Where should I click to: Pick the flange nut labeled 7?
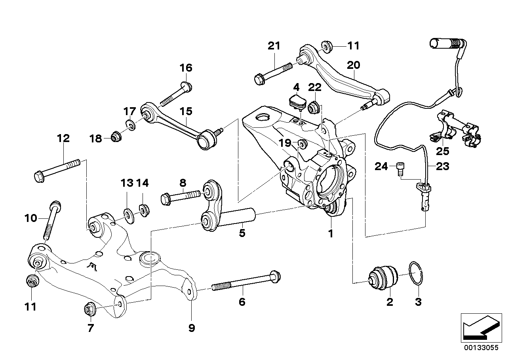click(x=89, y=310)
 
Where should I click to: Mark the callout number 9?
click(x=192, y=328)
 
